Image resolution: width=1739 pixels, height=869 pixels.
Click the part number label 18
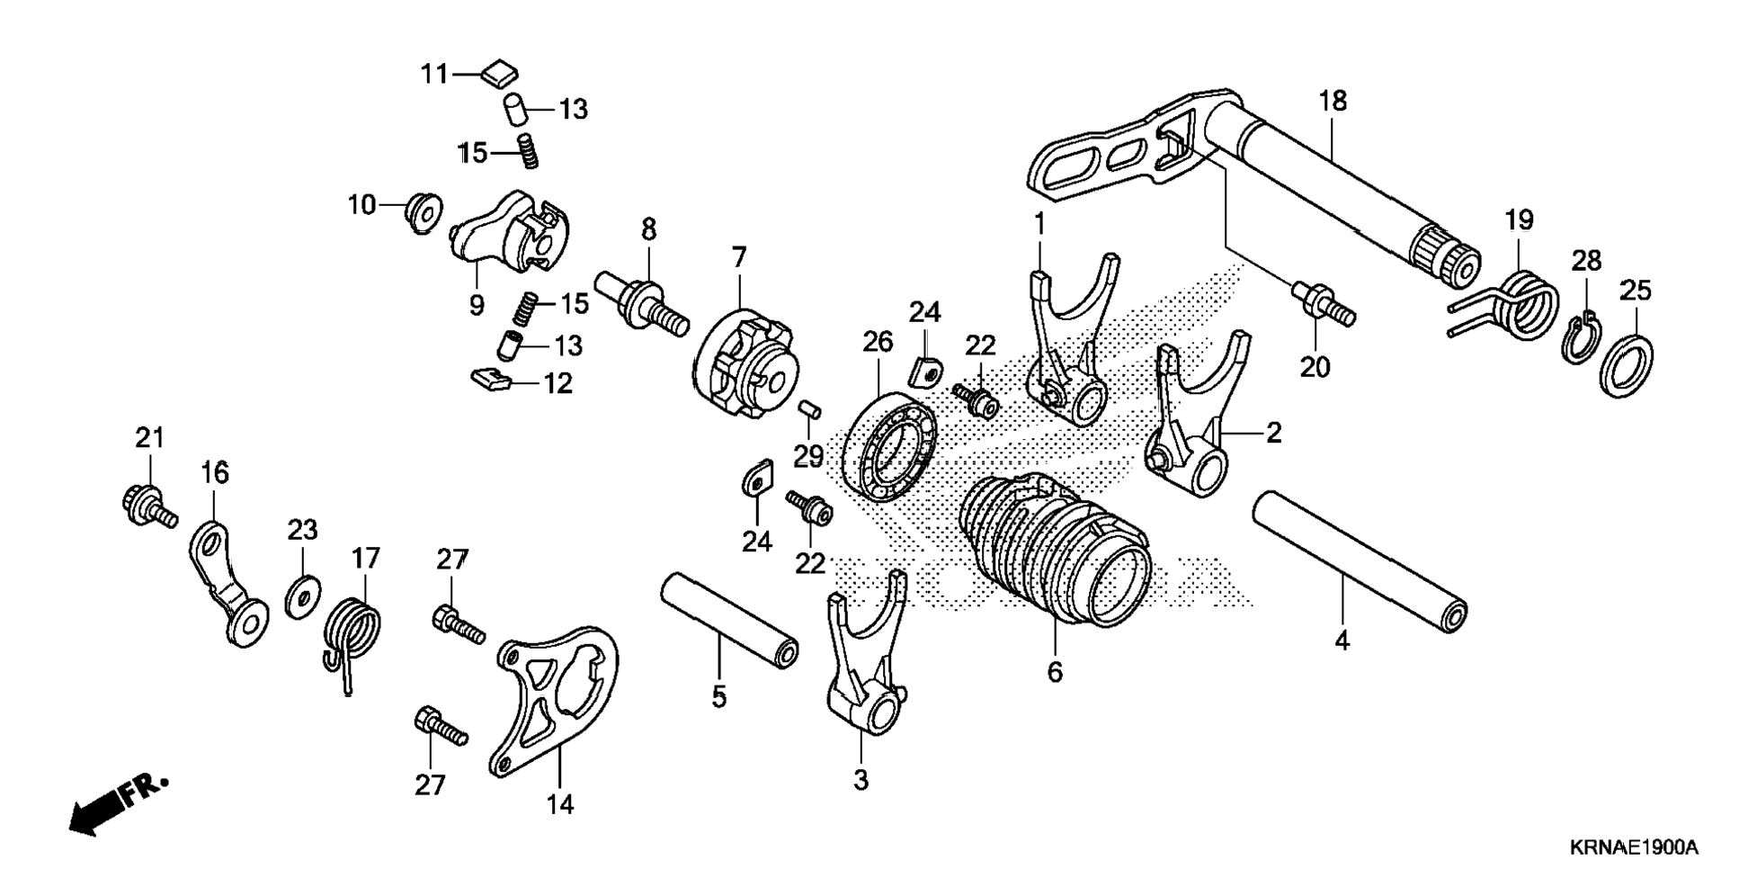click(1333, 101)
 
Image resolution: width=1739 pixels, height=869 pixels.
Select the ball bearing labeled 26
click(889, 445)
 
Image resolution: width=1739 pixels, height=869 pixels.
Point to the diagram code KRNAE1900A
click(1634, 847)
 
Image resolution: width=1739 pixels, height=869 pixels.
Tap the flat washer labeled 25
click(1627, 366)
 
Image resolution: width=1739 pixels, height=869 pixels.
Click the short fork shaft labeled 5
click(729, 621)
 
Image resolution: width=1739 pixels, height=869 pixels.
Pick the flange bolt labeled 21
click(147, 504)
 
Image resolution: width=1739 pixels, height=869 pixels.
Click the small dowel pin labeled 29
click(810, 410)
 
